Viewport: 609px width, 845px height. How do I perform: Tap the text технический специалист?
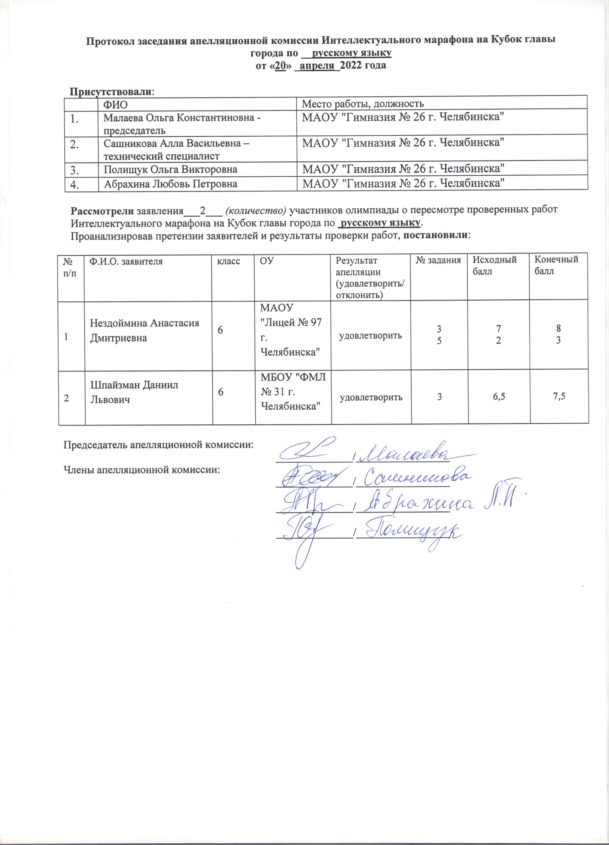pos(161,156)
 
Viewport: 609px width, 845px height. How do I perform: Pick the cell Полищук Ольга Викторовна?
pos(171,170)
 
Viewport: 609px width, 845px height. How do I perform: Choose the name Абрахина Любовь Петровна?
pos(171,184)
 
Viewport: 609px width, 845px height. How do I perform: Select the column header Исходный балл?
pos(494,265)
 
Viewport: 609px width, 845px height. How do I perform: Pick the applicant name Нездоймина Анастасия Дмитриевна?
pos(145,330)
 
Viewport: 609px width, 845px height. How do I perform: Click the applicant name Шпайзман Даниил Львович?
pos(134,392)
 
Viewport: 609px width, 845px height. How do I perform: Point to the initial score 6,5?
pos(499,397)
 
